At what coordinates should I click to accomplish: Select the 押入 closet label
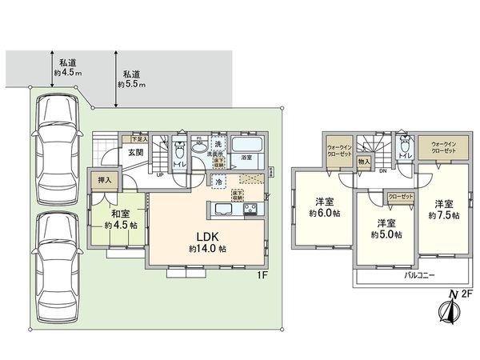104,182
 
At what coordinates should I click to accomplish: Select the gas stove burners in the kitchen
250,210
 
